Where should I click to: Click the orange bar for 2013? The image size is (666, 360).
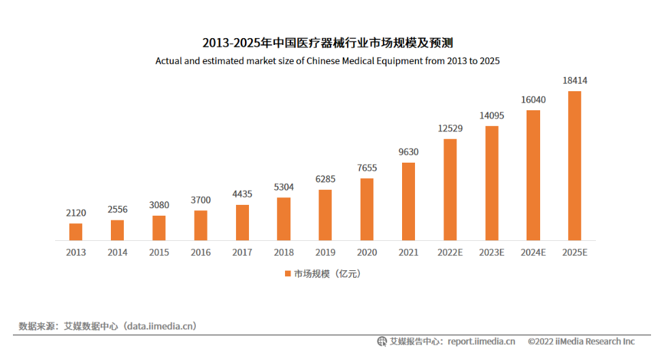tap(76, 231)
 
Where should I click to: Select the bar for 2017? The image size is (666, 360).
tap(242, 223)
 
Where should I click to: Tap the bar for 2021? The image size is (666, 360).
tap(408, 201)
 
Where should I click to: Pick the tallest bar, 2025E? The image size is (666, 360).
tap(575, 165)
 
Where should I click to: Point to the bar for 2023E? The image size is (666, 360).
tap(492, 183)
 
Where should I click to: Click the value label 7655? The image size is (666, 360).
tap(367, 168)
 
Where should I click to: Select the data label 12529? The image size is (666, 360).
tap(450, 129)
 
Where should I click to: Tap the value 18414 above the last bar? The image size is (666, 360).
tap(575, 81)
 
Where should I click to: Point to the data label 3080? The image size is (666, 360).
tap(159, 205)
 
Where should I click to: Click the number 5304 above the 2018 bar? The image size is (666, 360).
tap(284, 187)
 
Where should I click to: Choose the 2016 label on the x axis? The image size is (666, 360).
tap(201, 252)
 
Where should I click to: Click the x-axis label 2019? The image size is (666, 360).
tap(325, 252)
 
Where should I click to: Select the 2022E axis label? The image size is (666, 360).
tap(450, 252)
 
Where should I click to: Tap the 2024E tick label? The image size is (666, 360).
tap(533, 252)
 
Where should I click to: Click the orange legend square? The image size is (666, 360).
tap(288, 274)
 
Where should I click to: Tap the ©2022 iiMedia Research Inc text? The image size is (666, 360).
tap(581, 342)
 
